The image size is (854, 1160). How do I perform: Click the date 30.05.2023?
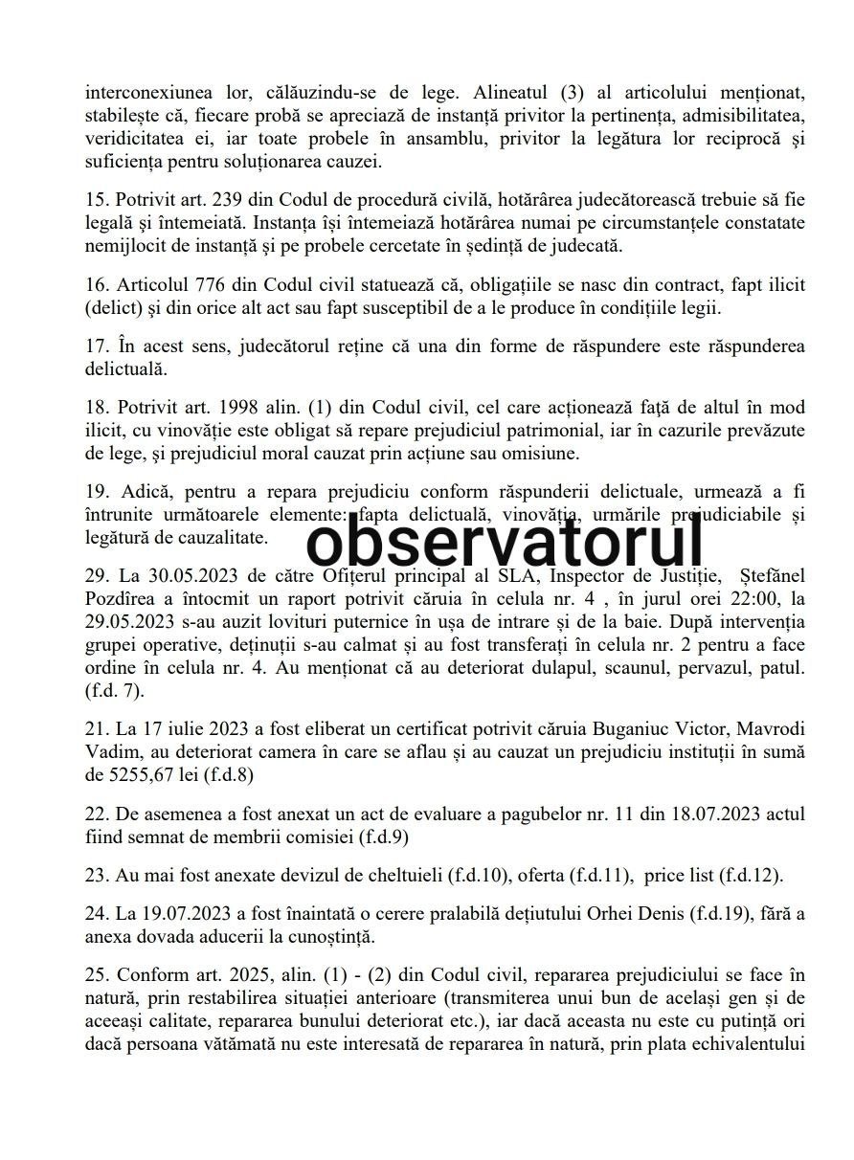tap(178, 574)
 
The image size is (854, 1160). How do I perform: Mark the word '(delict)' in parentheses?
tap(114, 308)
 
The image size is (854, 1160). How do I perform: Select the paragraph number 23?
tap(96, 874)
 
